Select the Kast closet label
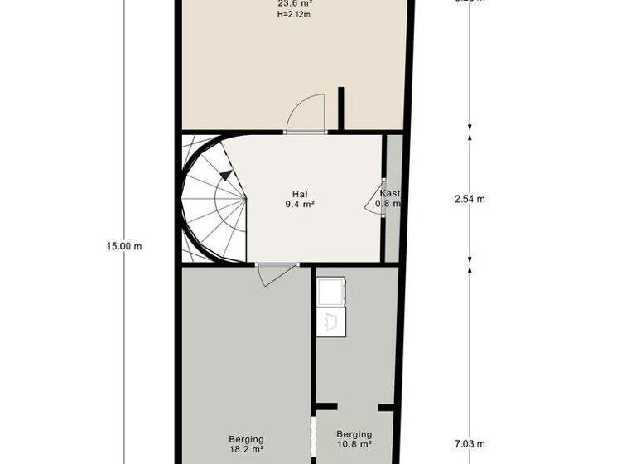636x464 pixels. coord(389,193)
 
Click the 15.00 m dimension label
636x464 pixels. coord(124,245)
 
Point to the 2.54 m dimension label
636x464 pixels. coord(470,199)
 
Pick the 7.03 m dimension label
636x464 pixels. coord(470,444)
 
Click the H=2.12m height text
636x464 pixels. coord(295,14)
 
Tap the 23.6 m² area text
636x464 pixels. coord(295,3)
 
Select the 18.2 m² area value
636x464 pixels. coord(246,450)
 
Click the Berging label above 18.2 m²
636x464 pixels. coord(246,439)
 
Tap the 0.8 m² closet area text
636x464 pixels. coord(388,204)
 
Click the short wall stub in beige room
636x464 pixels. coord(341,108)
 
